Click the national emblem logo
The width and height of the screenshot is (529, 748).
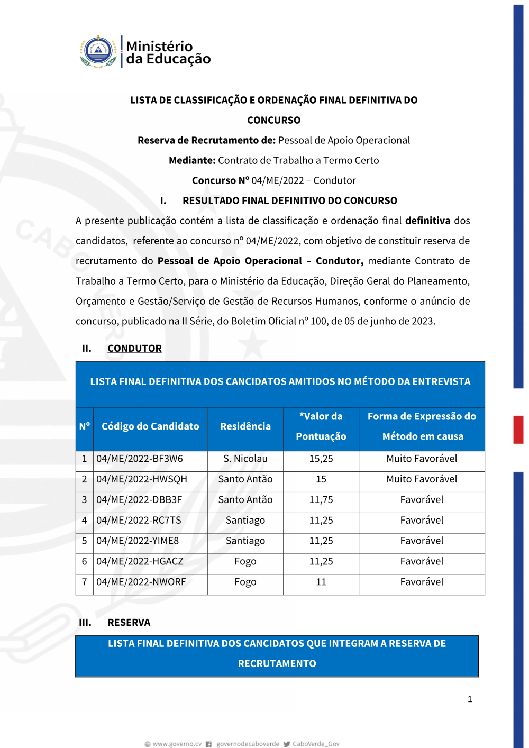(x=98, y=52)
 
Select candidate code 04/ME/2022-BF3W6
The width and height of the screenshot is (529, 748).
(x=140, y=459)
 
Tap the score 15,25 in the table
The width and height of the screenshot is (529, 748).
(x=321, y=459)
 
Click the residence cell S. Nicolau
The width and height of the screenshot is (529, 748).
(x=245, y=459)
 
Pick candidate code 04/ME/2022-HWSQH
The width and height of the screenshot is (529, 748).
(x=142, y=479)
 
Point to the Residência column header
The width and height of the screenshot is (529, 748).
(x=245, y=426)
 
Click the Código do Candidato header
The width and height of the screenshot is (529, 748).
(x=150, y=426)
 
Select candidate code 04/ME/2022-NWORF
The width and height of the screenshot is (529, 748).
(x=141, y=582)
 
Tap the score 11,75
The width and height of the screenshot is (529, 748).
(x=321, y=500)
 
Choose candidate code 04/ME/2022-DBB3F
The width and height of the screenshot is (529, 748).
(x=139, y=500)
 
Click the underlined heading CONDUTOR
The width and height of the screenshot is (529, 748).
(x=134, y=349)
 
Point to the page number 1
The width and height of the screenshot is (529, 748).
(x=470, y=699)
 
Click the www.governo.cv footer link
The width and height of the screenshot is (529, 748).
(x=177, y=744)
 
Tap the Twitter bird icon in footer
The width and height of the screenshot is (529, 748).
(x=287, y=744)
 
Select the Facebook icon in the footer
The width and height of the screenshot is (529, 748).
(x=209, y=744)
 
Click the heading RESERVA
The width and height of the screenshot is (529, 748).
(x=129, y=623)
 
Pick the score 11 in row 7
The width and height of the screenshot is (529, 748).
(x=321, y=582)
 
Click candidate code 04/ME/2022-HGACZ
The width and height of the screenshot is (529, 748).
(x=140, y=561)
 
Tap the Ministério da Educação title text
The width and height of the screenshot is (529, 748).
(x=168, y=52)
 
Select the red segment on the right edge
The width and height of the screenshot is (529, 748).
(x=518, y=430)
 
